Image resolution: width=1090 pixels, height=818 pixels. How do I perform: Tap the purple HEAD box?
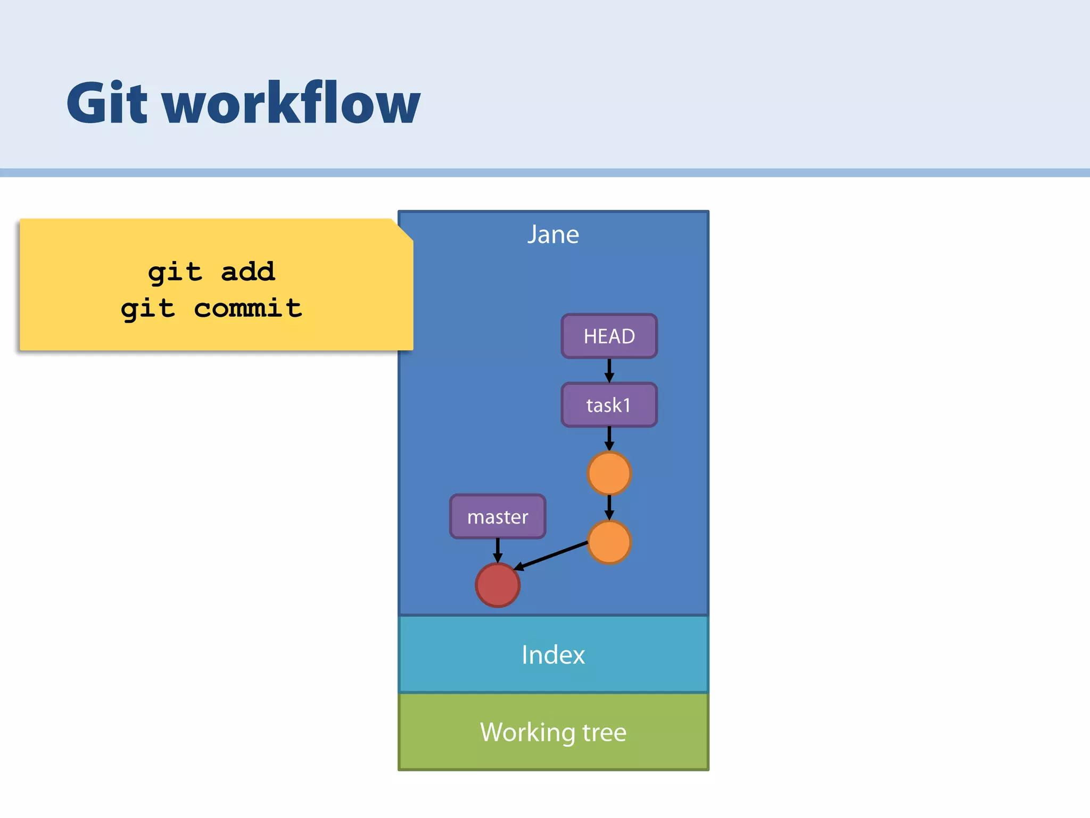point(609,336)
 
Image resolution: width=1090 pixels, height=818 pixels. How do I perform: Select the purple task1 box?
point(609,405)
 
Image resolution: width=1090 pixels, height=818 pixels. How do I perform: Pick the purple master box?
point(498,517)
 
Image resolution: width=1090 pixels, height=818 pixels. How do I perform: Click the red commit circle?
point(498,585)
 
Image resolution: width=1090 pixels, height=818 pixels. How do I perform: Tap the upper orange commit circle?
point(609,473)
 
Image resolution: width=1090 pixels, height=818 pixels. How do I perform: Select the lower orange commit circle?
point(609,542)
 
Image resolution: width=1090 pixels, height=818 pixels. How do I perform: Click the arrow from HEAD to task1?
point(609,370)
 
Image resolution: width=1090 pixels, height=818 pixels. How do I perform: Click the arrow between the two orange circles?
point(609,508)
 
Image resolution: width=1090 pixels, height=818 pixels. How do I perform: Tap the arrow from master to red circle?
point(498,550)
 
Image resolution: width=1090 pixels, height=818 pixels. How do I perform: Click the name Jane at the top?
point(553,234)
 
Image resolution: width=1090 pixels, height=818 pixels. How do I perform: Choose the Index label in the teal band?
point(553,655)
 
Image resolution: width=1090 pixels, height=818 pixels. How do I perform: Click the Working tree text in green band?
point(553,732)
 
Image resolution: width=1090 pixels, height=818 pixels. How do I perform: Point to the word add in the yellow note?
point(247,272)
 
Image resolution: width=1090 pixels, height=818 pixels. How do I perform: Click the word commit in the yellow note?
point(247,308)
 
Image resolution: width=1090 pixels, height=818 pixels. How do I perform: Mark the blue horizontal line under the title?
point(545,173)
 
